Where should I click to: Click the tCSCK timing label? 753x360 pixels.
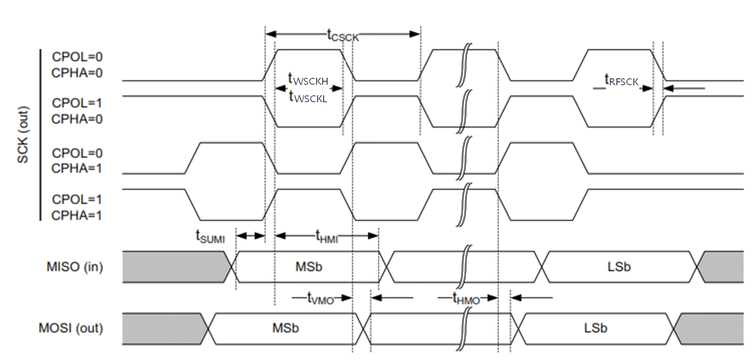[343, 35]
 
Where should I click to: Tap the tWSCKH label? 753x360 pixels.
[308, 78]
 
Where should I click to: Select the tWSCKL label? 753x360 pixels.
[308, 97]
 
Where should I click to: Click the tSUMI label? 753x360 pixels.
[210, 237]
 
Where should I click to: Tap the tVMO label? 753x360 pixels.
[320, 298]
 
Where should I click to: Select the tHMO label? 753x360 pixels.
[466, 298]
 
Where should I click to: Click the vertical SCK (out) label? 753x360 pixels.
[23, 135]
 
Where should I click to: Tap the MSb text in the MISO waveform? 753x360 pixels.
[309, 267]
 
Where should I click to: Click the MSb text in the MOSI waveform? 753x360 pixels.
[286, 329]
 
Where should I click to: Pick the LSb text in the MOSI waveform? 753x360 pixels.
[595, 329]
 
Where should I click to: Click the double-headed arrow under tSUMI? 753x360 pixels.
[250, 236]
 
